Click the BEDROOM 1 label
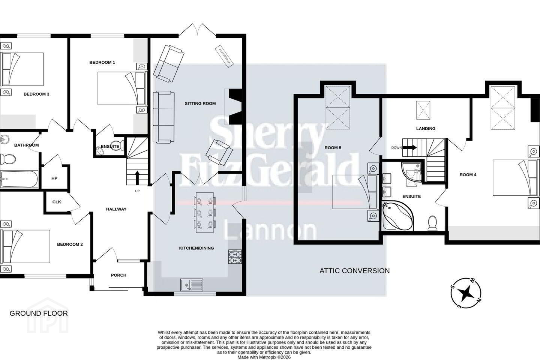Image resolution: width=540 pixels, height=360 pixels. (102, 63)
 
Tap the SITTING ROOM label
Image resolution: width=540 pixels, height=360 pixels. (200, 103)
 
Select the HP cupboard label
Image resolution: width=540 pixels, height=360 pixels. (54, 178)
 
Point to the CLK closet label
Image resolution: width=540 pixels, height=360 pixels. (57, 202)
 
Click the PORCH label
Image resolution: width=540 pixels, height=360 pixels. (118, 275)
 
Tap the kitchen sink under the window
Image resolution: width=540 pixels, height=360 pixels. (192, 285)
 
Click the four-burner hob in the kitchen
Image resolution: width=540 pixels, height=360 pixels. (235, 257)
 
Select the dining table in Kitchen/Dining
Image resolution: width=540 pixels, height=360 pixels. (205, 212)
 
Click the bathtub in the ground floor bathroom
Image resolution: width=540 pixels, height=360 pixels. (19, 179)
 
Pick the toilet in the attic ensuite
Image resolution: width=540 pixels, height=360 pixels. (432, 223)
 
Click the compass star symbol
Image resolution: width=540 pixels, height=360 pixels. (466, 293)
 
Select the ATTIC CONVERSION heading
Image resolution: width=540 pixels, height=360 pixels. (354, 271)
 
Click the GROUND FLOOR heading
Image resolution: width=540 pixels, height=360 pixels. (39, 313)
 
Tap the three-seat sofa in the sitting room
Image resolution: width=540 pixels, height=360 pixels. (163, 117)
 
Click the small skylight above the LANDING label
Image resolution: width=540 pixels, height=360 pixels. (423, 110)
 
